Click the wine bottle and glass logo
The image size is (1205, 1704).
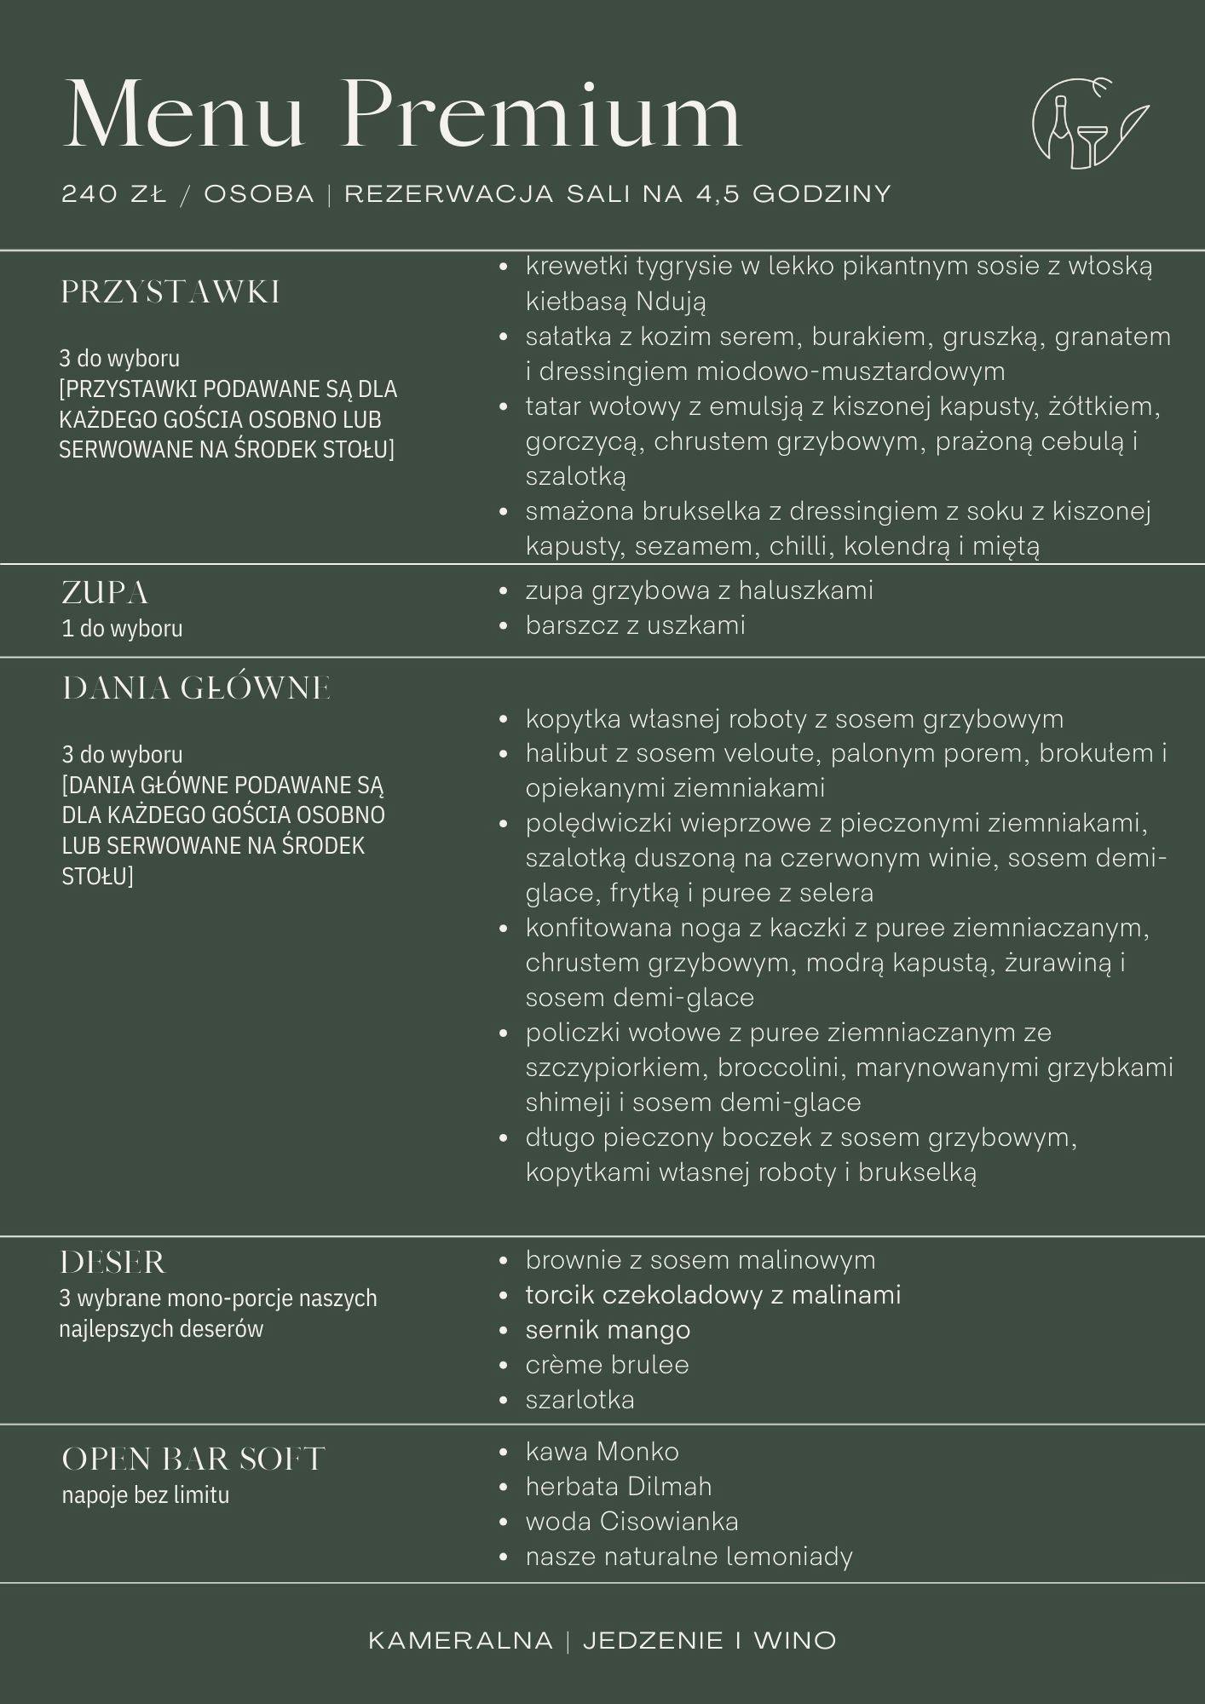click(x=1089, y=122)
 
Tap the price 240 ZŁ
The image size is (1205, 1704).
click(x=113, y=194)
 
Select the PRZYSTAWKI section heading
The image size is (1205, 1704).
click(x=170, y=293)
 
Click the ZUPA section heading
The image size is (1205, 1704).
click(x=105, y=593)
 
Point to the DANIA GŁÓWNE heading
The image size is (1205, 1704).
click(x=196, y=688)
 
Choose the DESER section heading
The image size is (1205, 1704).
click(x=112, y=1263)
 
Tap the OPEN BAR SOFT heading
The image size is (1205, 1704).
click(x=193, y=1459)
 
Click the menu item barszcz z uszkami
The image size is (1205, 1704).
click(x=635, y=625)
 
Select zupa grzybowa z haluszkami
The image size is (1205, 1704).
click(x=699, y=590)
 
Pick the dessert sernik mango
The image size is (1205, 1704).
click(x=608, y=1330)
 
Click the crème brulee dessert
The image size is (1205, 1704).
click(x=607, y=1365)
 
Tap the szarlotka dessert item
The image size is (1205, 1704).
click(x=579, y=1400)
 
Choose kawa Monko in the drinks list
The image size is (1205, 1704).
click(x=602, y=1452)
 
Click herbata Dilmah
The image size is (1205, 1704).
click(x=618, y=1487)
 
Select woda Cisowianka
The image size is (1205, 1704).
click(x=631, y=1522)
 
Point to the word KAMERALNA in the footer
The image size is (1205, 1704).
click(x=460, y=1641)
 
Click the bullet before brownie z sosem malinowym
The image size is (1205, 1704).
click(x=504, y=1261)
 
